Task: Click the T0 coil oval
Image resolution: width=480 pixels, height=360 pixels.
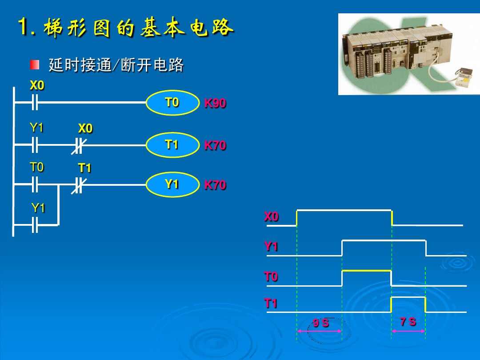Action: [172, 103]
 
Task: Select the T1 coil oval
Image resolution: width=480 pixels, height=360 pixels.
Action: [172, 145]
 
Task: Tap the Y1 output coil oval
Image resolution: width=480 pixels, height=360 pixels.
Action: [172, 184]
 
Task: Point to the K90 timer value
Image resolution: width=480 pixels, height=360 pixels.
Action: [215, 103]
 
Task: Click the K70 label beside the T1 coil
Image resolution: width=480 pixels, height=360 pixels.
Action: [215, 145]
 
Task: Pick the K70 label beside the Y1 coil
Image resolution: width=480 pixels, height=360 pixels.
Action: [215, 185]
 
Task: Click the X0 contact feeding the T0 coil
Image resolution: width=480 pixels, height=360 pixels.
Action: [35, 102]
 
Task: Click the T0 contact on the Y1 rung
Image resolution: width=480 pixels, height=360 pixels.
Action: [35, 185]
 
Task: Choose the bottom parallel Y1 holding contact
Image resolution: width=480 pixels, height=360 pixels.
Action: [35, 225]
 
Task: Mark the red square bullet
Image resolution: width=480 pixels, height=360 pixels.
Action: [35, 64]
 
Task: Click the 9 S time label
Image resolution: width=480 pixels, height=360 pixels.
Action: [321, 323]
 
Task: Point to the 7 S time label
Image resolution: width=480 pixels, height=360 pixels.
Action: [408, 321]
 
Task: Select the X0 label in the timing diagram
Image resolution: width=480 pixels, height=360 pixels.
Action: [271, 216]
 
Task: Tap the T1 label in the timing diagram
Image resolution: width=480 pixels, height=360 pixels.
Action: [271, 303]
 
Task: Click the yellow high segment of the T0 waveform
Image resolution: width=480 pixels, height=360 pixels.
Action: [366, 271]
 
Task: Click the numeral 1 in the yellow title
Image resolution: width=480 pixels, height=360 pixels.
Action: [23, 26]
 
